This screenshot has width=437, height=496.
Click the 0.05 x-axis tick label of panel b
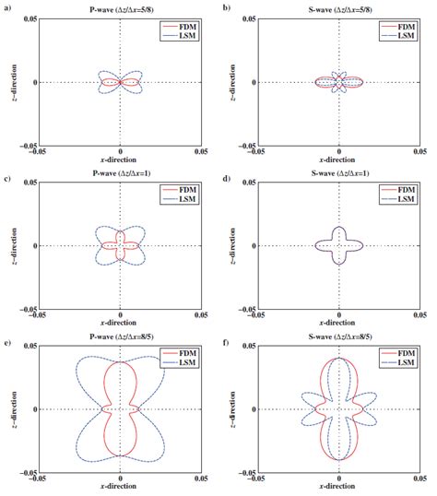coord(420,153)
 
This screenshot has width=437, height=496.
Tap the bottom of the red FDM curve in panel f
coord(339,459)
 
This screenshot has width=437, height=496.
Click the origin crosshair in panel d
coord(339,245)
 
